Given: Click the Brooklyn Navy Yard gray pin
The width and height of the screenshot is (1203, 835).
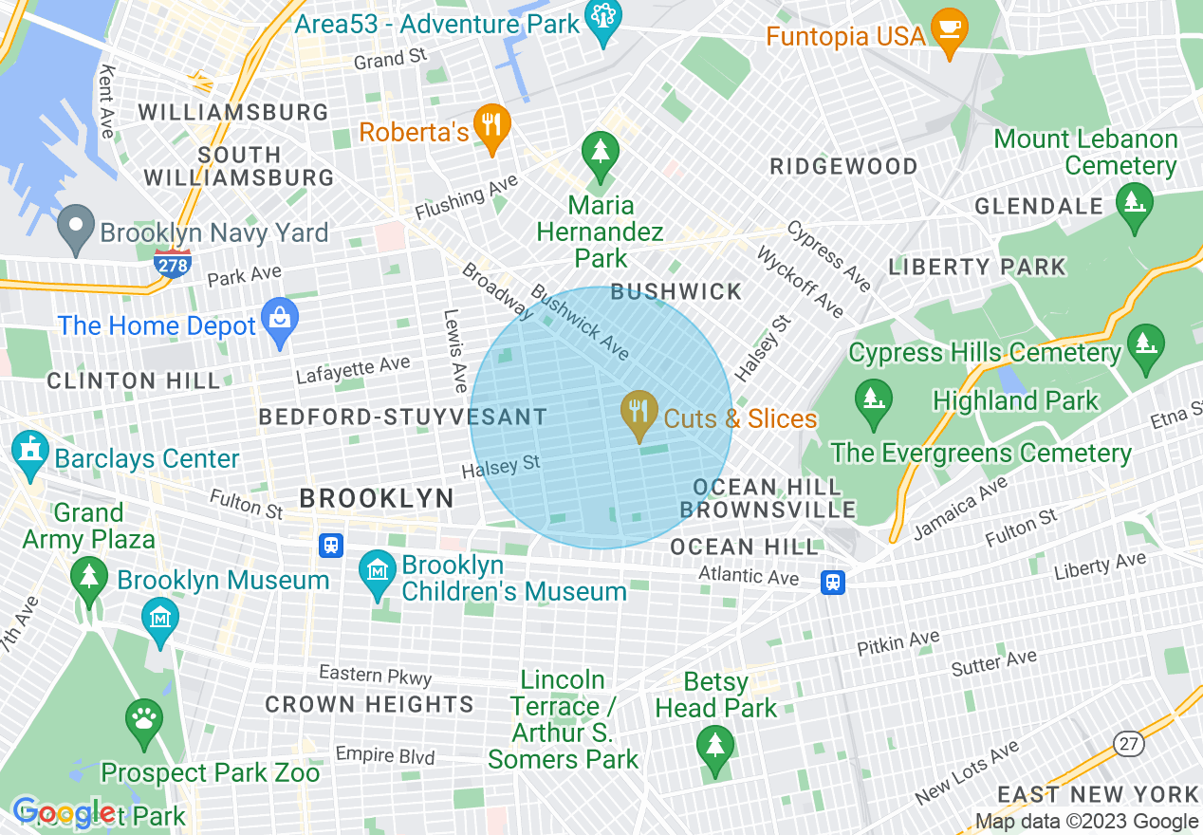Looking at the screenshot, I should (75, 227).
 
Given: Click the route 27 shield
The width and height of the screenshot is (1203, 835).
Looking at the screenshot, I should (1128, 743).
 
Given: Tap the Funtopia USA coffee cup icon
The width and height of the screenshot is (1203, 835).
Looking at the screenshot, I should (947, 30).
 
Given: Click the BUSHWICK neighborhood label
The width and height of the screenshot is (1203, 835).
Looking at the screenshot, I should (676, 291).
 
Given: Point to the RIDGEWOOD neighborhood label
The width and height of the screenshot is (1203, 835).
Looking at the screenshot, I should (843, 167).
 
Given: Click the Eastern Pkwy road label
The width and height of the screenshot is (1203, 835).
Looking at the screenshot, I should (375, 675).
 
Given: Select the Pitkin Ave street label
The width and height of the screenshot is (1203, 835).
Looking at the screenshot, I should (898, 642).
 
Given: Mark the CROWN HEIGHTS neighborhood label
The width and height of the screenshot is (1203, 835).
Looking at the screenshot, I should (369, 704).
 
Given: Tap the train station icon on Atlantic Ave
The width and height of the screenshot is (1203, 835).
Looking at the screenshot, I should (833, 582).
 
